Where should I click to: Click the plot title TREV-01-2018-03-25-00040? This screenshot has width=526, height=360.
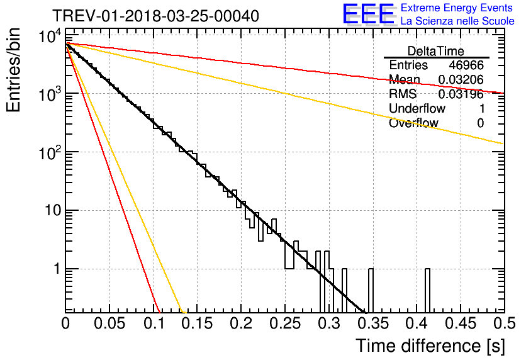[155, 16]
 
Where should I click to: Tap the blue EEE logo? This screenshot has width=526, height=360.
[369, 14]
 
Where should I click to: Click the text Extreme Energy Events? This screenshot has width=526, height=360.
[457, 8]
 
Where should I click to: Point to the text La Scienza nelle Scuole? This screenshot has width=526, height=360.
[457, 21]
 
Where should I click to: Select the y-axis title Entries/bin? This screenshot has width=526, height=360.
[13, 70]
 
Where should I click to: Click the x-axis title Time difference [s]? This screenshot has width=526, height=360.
[430, 346]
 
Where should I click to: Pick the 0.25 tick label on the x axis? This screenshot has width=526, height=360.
[285, 323]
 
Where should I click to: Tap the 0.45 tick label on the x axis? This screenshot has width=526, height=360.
[461, 323]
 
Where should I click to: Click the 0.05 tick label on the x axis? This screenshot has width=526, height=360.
[109, 323]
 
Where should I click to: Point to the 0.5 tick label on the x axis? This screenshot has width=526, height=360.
[504, 323]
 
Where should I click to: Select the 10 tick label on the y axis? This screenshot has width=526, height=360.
[53, 211]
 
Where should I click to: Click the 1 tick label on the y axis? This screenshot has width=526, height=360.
[58, 269]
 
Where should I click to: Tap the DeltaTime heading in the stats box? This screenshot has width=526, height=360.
[436, 51]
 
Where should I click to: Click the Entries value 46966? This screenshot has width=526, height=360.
[466, 65]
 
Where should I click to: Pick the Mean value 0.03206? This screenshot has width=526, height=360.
[461, 79]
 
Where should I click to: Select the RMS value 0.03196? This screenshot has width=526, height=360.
[461, 94]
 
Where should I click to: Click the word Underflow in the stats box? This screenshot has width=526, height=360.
[417, 108]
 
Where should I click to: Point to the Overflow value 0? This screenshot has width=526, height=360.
[480, 123]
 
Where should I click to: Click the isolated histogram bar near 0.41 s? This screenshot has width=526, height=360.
[427, 290]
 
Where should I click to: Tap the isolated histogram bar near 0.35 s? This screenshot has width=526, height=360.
[371, 290]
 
